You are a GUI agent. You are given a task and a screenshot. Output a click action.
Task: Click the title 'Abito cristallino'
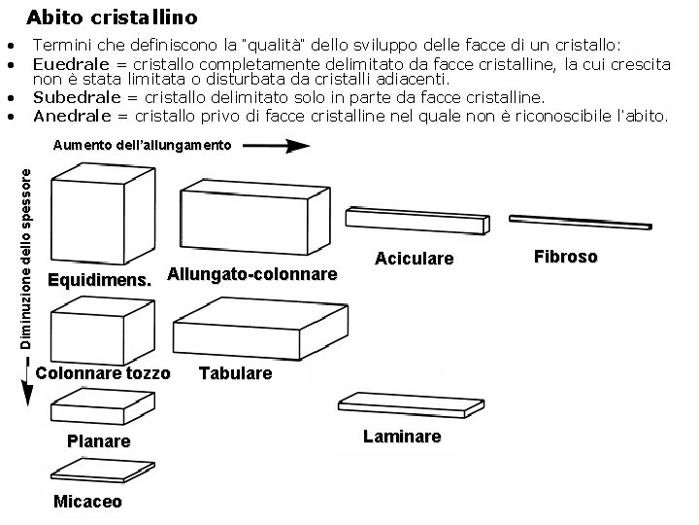pos(112,17)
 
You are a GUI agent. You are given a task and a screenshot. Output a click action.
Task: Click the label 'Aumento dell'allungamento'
pos(142,146)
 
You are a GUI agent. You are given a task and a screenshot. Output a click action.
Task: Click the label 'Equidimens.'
pos(100,282)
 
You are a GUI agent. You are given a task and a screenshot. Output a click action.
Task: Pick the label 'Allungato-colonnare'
pos(252,274)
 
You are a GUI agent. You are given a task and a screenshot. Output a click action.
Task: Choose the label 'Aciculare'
pos(414,259)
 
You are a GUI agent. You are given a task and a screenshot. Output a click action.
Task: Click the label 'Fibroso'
pos(565,257)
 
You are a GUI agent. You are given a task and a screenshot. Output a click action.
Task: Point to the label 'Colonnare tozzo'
pos(103,373)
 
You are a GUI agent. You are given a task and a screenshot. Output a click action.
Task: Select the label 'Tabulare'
pos(236,373)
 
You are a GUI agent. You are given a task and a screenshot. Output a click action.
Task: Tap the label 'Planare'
pos(98,441)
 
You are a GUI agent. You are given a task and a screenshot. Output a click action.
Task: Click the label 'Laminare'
pos(402,437)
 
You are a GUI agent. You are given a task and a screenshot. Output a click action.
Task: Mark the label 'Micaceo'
pos(87,502)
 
